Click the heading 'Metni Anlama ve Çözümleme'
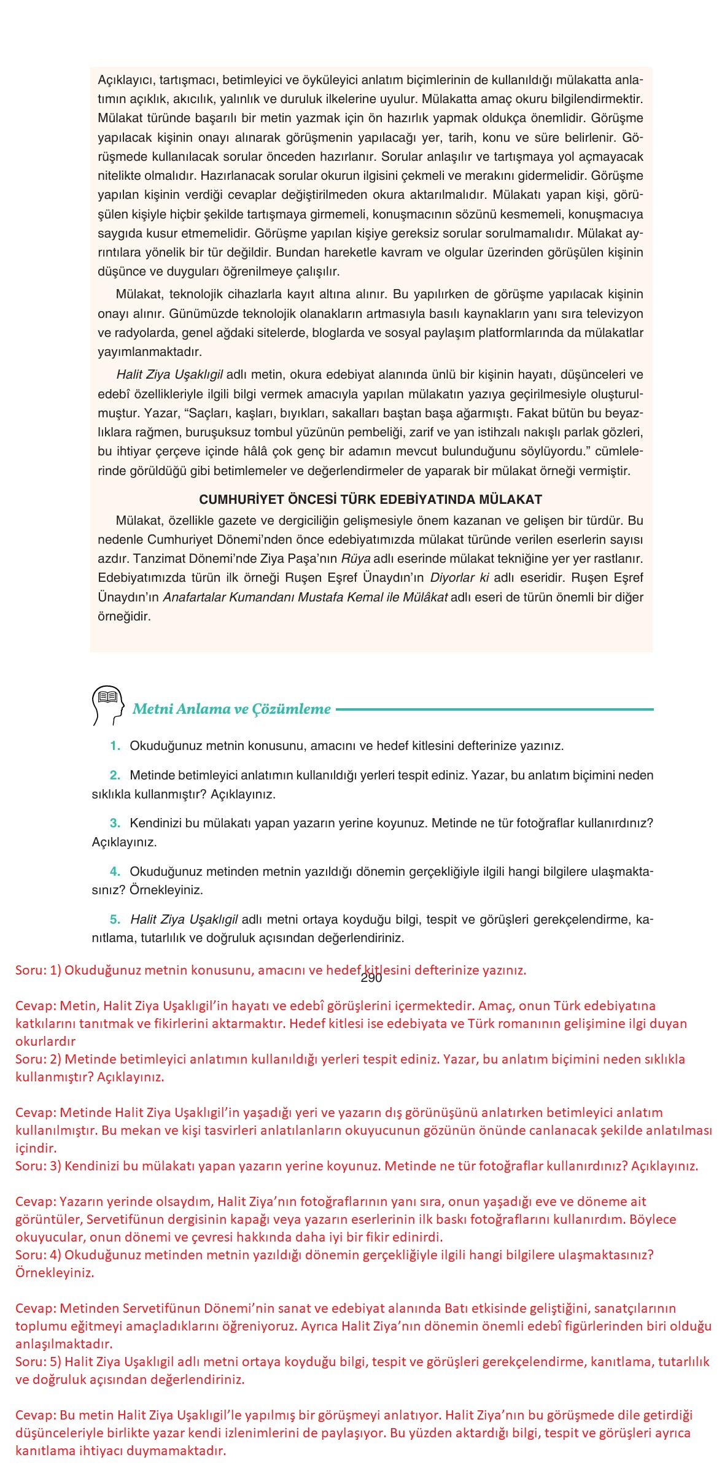coord(231,709)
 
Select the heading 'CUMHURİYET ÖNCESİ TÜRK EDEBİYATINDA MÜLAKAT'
coord(370,499)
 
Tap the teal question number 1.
coord(114,746)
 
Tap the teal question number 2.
coord(114,775)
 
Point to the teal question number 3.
coord(114,823)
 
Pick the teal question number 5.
coord(114,919)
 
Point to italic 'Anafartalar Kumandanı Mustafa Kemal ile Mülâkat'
coord(305,597)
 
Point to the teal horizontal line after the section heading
coord(494,709)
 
